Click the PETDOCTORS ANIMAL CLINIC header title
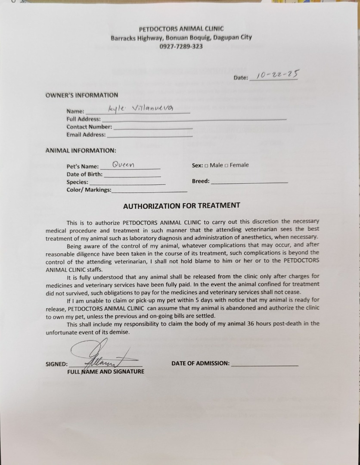tap(181, 29)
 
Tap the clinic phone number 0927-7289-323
tap(181, 46)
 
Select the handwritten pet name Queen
tap(123, 164)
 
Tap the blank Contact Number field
tap(153, 127)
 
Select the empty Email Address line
tap(149, 135)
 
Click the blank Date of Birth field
tap(132, 175)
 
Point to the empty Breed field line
tap(249, 182)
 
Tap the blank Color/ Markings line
tap(149, 190)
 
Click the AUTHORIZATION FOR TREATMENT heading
tap(181, 206)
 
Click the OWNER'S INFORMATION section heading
tap(82, 95)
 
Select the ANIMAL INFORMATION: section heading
tap(81, 151)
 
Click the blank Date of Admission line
tap(264, 364)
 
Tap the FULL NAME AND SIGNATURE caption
tap(106, 372)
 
